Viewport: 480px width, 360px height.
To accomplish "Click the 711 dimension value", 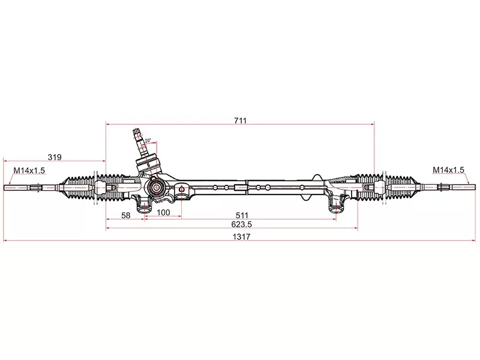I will (x=240, y=120).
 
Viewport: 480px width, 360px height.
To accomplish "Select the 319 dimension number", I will (x=55, y=157).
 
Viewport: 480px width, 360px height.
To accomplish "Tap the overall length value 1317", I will (x=240, y=237).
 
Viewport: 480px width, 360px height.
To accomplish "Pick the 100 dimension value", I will (x=163, y=212).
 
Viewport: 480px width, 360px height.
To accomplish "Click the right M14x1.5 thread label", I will (x=449, y=170).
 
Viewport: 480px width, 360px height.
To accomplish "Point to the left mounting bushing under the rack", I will (x=144, y=207).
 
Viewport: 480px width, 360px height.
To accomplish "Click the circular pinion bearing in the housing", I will (x=155, y=188).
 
